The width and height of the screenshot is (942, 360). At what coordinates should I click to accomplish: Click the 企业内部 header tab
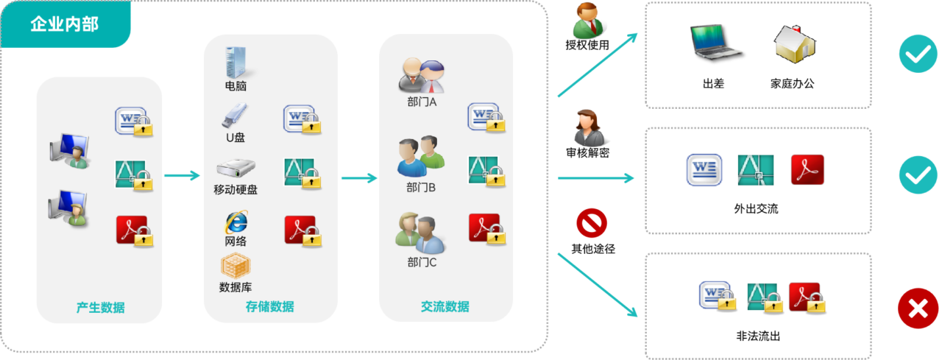pyautogui.click(x=65, y=24)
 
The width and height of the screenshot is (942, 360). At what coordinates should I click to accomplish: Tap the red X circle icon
pyautogui.click(x=918, y=308)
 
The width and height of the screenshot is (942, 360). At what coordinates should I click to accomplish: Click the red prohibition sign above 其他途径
pyautogui.click(x=592, y=223)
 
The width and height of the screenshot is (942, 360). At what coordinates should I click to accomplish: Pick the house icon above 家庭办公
pyautogui.click(x=794, y=44)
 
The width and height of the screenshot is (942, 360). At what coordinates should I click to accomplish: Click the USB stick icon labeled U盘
pyautogui.click(x=235, y=116)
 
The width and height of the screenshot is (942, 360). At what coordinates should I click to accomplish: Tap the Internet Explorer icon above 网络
pyautogui.click(x=236, y=222)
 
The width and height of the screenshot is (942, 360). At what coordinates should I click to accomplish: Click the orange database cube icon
pyautogui.click(x=235, y=266)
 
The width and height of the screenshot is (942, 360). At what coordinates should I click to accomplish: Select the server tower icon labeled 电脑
pyautogui.click(x=235, y=63)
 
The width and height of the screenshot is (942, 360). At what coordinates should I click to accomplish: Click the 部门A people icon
pyautogui.click(x=422, y=76)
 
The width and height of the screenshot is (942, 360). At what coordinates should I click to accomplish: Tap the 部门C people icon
pyautogui.click(x=419, y=233)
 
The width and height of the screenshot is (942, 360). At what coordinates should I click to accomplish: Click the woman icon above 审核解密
pyautogui.click(x=589, y=127)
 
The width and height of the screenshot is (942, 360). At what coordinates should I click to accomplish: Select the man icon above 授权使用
pyautogui.click(x=588, y=20)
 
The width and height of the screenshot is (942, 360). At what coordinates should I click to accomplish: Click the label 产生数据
pyautogui.click(x=101, y=308)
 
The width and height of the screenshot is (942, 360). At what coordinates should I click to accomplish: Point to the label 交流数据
pyautogui.click(x=445, y=306)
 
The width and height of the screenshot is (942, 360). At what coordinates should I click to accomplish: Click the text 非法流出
pyautogui.click(x=758, y=336)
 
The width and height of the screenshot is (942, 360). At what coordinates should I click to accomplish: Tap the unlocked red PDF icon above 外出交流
pyautogui.click(x=807, y=170)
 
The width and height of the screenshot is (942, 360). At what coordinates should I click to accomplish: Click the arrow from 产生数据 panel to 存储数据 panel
pyautogui.click(x=182, y=175)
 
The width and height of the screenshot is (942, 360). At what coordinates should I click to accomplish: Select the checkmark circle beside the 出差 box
pyautogui.click(x=918, y=54)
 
